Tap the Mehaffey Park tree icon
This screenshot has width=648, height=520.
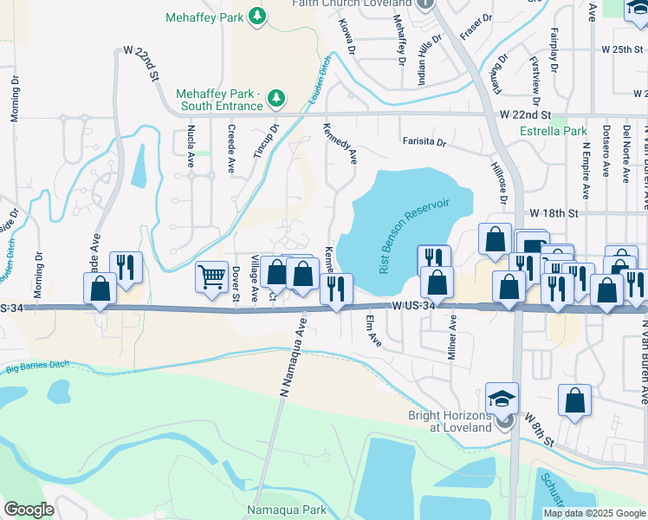coord(256,15)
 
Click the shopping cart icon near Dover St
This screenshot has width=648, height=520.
coord(211,277)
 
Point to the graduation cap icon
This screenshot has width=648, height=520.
coord(502,399)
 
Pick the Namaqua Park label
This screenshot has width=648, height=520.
coord(287,510)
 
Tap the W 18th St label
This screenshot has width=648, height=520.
coord(553,212)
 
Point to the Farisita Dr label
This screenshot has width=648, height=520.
coord(423,141)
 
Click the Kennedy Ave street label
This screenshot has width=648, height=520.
coord(340,143)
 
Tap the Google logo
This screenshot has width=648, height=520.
coord(29,510)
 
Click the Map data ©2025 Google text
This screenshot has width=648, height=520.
coord(593,513)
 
